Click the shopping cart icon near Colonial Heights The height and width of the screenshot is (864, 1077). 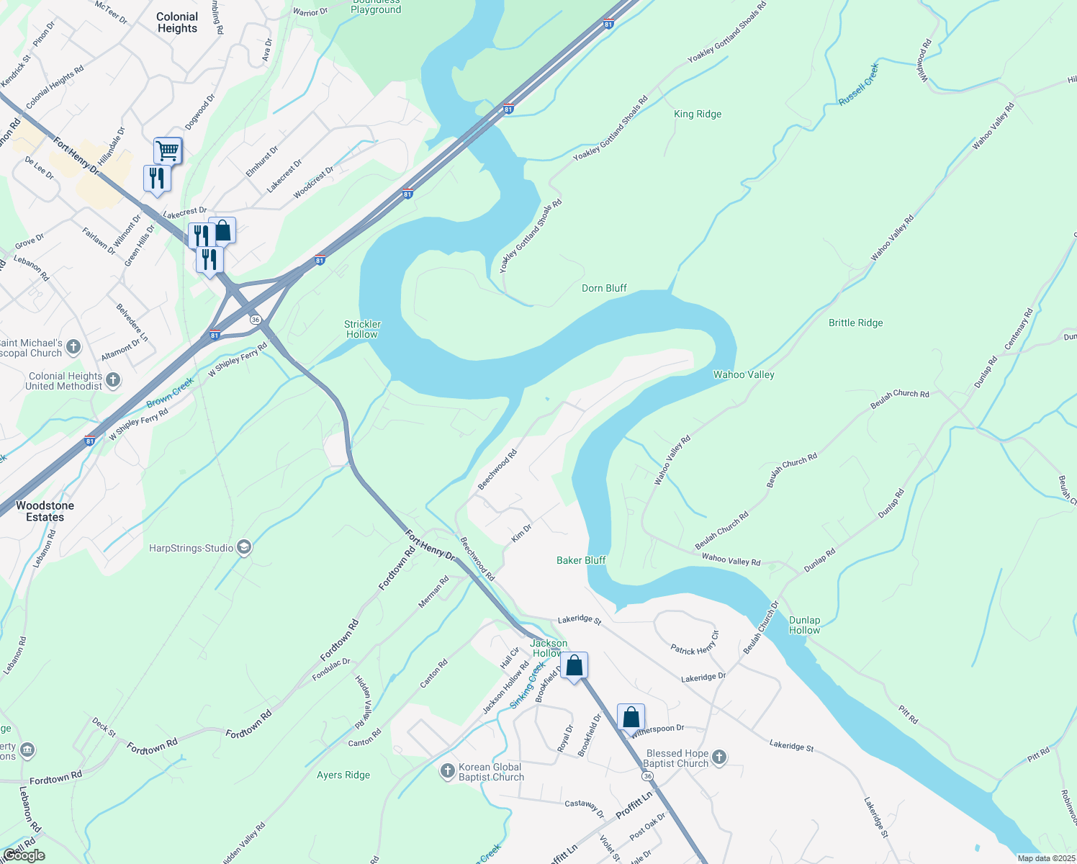(x=167, y=150)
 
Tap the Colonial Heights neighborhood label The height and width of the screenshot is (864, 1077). (x=177, y=22)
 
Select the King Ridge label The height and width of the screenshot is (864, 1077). (x=697, y=114)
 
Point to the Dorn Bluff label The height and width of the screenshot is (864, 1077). (x=604, y=288)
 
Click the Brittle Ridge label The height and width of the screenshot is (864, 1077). (x=855, y=323)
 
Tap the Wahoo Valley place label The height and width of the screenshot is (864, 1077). (x=744, y=374)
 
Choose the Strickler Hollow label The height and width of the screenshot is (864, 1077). (x=362, y=329)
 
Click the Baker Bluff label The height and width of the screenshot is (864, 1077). (x=581, y=560)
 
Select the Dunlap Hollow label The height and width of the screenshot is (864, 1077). (x=804, y=625)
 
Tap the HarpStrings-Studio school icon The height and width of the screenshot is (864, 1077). (x=244, y=548)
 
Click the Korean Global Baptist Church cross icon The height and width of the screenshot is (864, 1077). (x=447, y=771)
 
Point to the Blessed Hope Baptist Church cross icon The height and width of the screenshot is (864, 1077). (x=718, y=757)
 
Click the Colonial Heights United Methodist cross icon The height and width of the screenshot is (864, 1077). (x=113, y=380)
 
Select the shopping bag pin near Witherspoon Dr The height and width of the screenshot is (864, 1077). (x=631, y=717)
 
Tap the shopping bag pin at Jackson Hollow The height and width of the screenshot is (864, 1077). (x=574, y=665)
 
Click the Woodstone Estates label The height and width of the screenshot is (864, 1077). (x=45, y=511)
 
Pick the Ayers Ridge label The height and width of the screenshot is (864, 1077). (x=343, y=775)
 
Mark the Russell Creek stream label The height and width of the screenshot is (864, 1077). (x=859, y=84)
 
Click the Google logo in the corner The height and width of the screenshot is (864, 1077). (x=24, y=855)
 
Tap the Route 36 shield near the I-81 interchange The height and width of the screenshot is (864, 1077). (x=255, y=319)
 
